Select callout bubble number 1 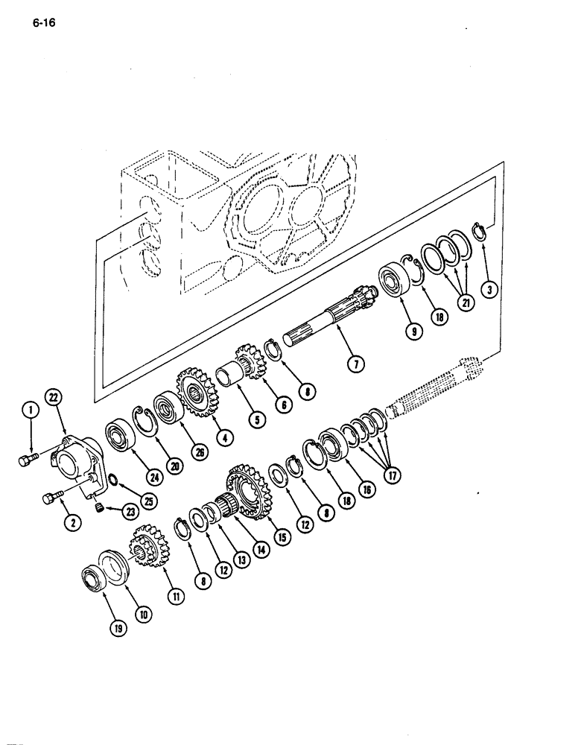click(30, 408)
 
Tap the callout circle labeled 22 click(53, 398)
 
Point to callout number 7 click(356, 364)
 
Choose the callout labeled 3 click(489, 290)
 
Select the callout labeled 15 click(282, 538)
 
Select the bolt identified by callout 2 click(51, 497)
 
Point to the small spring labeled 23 click(97, 508)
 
